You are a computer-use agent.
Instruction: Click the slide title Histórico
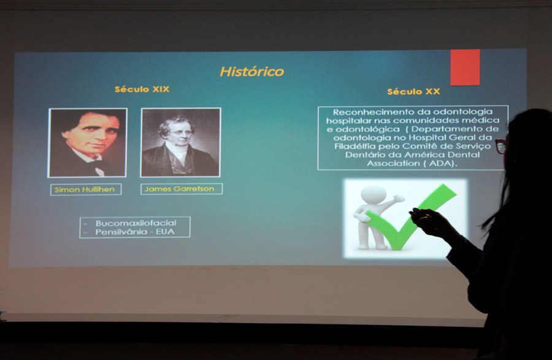[x=251, y=71]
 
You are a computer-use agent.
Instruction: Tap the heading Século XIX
[x=142, y=89]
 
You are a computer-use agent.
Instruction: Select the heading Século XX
[x=413, y=91]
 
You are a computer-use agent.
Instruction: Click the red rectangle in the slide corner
[x=465, y=67]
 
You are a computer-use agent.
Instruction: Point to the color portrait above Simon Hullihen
[x=87, y=142]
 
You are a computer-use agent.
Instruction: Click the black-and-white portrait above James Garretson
[x=180, y=142]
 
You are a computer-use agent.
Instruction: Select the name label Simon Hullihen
[x=85, y=190]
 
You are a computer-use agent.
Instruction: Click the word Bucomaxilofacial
[x=136, y=223]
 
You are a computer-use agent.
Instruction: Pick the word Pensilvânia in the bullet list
[x=121, y=232]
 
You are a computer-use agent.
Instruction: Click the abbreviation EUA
[x=165, y=232]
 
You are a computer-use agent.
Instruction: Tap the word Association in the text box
[x=394, y=164]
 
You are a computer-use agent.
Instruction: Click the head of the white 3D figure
[x=374, y=194]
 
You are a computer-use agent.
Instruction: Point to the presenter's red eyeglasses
[x=501, y=146]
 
